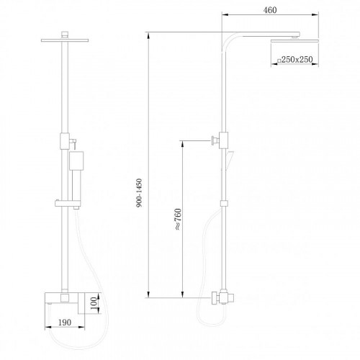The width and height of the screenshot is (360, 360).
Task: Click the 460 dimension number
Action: click(270, 10)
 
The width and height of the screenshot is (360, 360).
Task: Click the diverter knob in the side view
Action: click(214, 139)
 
